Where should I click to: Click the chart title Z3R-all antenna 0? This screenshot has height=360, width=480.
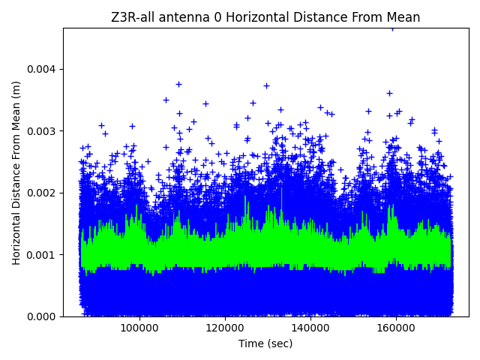point(265,17)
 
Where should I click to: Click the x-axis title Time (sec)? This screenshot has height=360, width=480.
point(265,343)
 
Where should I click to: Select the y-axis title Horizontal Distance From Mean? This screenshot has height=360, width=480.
point(16,172)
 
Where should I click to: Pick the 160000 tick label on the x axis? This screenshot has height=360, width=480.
point(396,328)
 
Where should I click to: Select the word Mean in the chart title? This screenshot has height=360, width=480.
point(405,17)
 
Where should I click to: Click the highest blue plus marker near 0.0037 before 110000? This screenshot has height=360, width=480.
point(178,84)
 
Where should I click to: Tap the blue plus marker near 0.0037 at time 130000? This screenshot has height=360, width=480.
point(266,85)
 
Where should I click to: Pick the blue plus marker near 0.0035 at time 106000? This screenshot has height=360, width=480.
point(166,100)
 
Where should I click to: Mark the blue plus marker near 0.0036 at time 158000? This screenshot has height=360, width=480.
point(389,93)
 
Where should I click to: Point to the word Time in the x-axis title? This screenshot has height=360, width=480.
point(250,343)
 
